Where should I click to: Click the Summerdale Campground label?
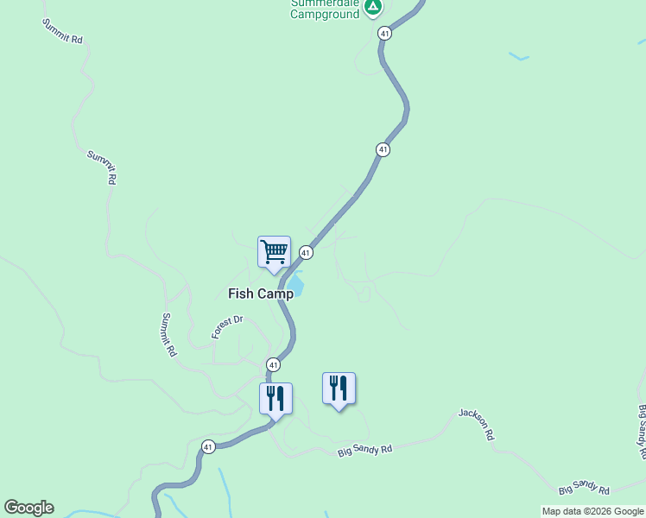pos(325,9)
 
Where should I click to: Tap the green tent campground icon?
pos(372,8)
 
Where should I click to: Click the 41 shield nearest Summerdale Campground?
pos(384,33)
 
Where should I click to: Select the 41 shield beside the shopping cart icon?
pos(306,252)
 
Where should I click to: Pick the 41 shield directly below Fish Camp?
pos(273,364)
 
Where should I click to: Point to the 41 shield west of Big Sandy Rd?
pos(208,446)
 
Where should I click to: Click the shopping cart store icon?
pos(274,252)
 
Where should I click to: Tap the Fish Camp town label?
pos(261,294)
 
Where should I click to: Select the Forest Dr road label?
pos(228,327)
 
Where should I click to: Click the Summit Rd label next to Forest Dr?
pos(169,335)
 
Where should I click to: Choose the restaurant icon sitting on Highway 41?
pos(275,399)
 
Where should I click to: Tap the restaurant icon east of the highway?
pos(339,388)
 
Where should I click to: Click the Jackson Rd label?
pos(477,424)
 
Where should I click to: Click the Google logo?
pos(28,508)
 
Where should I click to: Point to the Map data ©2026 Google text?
pos(592,511)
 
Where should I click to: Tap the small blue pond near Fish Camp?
pos(295,281)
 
